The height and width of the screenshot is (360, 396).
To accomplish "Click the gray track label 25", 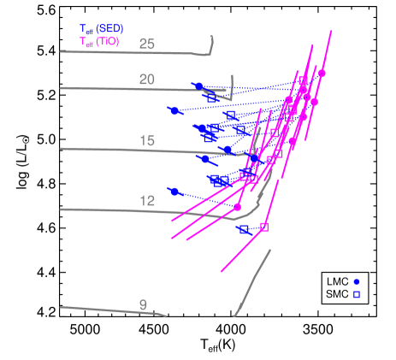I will click(x=147, y=44).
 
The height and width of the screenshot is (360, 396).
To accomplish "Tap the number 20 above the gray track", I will click(x=147, y=79).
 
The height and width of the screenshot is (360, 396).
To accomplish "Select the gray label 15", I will click(x=147, y=140).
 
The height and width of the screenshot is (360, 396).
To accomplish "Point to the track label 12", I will click(x=147, y=201).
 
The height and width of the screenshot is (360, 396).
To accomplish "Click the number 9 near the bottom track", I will click(x=143, y=304).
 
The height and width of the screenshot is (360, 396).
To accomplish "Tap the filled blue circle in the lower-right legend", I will click(x=357, y=281).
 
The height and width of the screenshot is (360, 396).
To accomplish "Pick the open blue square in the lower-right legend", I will click(x=357, y=294).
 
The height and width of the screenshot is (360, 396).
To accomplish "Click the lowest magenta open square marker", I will click(x=263, y=227).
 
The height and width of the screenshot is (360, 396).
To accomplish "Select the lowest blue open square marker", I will click(x=245, y=229).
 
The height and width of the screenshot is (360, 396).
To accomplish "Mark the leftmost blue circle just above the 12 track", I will click(x=174, y=192).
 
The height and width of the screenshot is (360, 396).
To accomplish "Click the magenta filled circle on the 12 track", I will click(x=238, y=206).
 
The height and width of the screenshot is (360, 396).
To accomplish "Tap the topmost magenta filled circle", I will click(x=322, y=74).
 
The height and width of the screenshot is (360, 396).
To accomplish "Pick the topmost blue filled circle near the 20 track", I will click(x=199, y=86).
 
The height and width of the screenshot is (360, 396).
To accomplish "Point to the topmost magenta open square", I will click(x=302, y=80).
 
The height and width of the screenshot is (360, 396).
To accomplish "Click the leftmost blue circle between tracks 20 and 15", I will click(x=174, y=110).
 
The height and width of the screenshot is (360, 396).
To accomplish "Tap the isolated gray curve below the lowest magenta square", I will click(x=252, y=282).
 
